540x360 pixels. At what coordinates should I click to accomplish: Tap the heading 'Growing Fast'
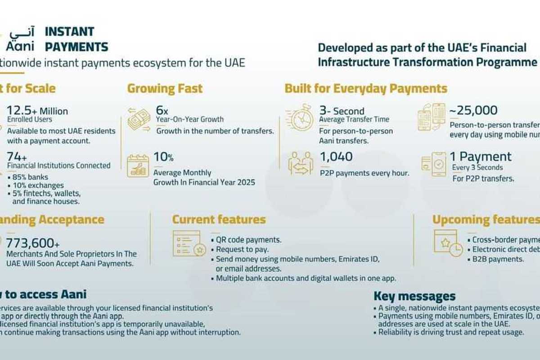[x=165, y=88]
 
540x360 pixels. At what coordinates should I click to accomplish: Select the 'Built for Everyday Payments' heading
[x=366, y=88]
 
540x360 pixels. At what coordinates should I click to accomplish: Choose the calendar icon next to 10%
[x=138, y=165]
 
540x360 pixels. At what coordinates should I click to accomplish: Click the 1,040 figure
[x=336, y=157]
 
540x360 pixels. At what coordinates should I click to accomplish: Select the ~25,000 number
[x=473, y=110]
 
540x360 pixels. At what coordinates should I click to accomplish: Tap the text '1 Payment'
[x=481, y=157]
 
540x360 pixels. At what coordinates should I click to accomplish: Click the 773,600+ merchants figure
[x=32, y=243]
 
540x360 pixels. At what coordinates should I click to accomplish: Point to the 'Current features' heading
[x=219, y=220]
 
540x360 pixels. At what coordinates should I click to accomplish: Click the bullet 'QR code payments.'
[x=248, y=239]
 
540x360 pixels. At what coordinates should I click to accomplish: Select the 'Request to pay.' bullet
[x=242, y=249]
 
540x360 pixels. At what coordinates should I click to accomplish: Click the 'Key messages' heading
[x=414, y=296]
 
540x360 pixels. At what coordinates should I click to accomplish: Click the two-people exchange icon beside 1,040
[x=301, y=163]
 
